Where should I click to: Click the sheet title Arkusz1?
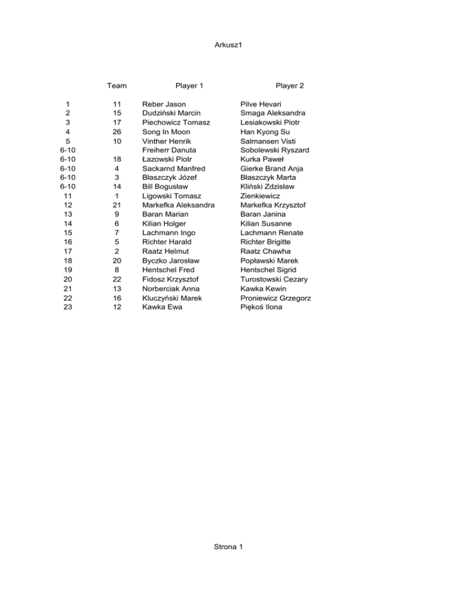coord(228,45)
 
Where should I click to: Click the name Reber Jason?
coord(164,104)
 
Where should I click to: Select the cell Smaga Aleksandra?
coord(273,113)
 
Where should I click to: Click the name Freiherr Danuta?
coord(169,150)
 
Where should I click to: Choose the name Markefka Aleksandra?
coord(179,205)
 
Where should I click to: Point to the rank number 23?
coord(68,307)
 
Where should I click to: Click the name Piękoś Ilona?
coord(262,307)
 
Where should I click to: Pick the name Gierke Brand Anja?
coord(272,169)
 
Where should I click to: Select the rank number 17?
coord(68,251)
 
